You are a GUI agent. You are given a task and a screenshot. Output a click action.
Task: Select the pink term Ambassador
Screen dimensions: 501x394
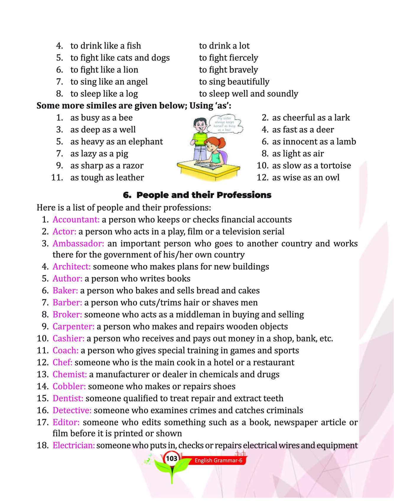coord(78,244)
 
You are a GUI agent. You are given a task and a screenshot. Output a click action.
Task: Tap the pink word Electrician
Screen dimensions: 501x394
coord(74,445)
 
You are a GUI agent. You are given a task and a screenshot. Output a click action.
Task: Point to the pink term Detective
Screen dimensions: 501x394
coord(72,410)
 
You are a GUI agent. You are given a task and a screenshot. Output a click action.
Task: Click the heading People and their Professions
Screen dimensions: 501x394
coord(197,195)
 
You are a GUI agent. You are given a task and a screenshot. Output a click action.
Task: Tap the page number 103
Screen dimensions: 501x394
coord(171,459)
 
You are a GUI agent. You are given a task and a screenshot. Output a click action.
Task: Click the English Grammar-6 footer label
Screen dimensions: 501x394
coord(218,460)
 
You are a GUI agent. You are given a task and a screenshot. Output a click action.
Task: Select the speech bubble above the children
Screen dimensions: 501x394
coord(226,124)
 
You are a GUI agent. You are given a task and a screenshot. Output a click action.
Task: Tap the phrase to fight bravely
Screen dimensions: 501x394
coord(228,70)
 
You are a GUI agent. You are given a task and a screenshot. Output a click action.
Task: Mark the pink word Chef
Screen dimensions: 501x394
coord(62,362)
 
